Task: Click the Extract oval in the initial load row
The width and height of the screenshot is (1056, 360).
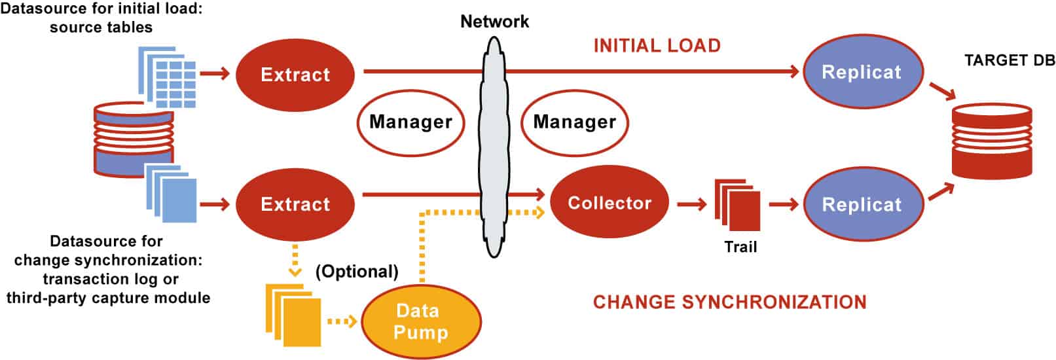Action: tap(295, 74)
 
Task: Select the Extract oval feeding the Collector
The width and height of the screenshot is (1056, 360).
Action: tap(295, 204)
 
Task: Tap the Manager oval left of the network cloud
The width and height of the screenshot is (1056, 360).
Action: tap(410, 122)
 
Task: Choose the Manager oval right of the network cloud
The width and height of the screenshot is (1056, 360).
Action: tap(574, 122)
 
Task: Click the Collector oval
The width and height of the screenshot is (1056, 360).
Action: tap(610, 203)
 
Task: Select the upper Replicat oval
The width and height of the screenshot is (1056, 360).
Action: tap(862, 72)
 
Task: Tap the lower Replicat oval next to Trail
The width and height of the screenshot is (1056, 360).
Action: tap(862, 204)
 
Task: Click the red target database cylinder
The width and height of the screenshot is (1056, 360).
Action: tap(991, 141)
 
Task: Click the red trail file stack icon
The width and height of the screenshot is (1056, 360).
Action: tap(738, 204)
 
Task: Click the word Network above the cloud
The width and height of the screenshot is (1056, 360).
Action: tap(494, 21)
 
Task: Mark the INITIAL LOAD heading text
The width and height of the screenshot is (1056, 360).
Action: tap(657, 45)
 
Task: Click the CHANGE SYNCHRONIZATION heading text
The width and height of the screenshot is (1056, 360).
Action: tap(729, 302)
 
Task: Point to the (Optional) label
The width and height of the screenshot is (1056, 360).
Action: tap(357, 271)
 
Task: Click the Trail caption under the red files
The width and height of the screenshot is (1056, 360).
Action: tap(740, 247)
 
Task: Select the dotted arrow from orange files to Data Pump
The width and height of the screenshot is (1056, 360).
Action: tap(341, 321)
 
